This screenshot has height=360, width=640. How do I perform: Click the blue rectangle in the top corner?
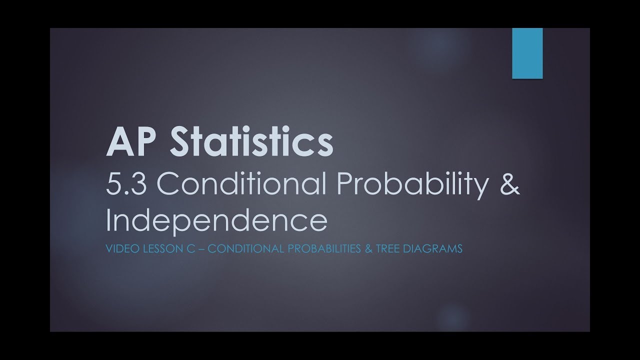(x=527, y=53)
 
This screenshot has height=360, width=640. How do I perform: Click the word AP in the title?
(x=125, y=142)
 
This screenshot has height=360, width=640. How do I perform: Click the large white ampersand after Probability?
(x=508, y=185)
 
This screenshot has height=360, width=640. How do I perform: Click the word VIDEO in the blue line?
(x=119, y=248)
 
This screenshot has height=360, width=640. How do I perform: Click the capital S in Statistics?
(x=185, y=142)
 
